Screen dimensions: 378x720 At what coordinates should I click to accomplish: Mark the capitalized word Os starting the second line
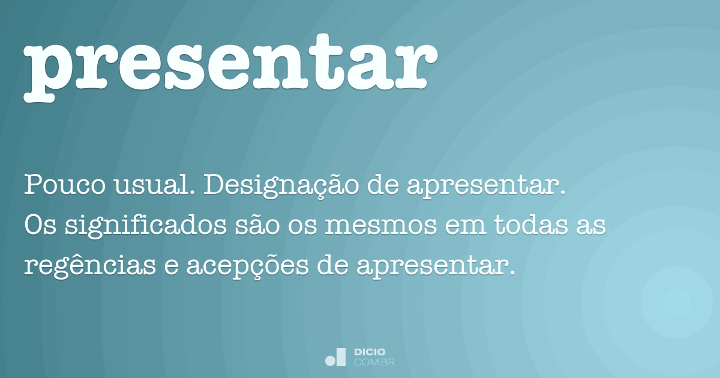pos(40,226)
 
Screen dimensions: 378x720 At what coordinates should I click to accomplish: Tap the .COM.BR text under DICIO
pos(374,362)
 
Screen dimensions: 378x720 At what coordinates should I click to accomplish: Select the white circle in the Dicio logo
pos(330,361)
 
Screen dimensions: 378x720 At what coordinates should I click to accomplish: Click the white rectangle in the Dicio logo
pos(341,356)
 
